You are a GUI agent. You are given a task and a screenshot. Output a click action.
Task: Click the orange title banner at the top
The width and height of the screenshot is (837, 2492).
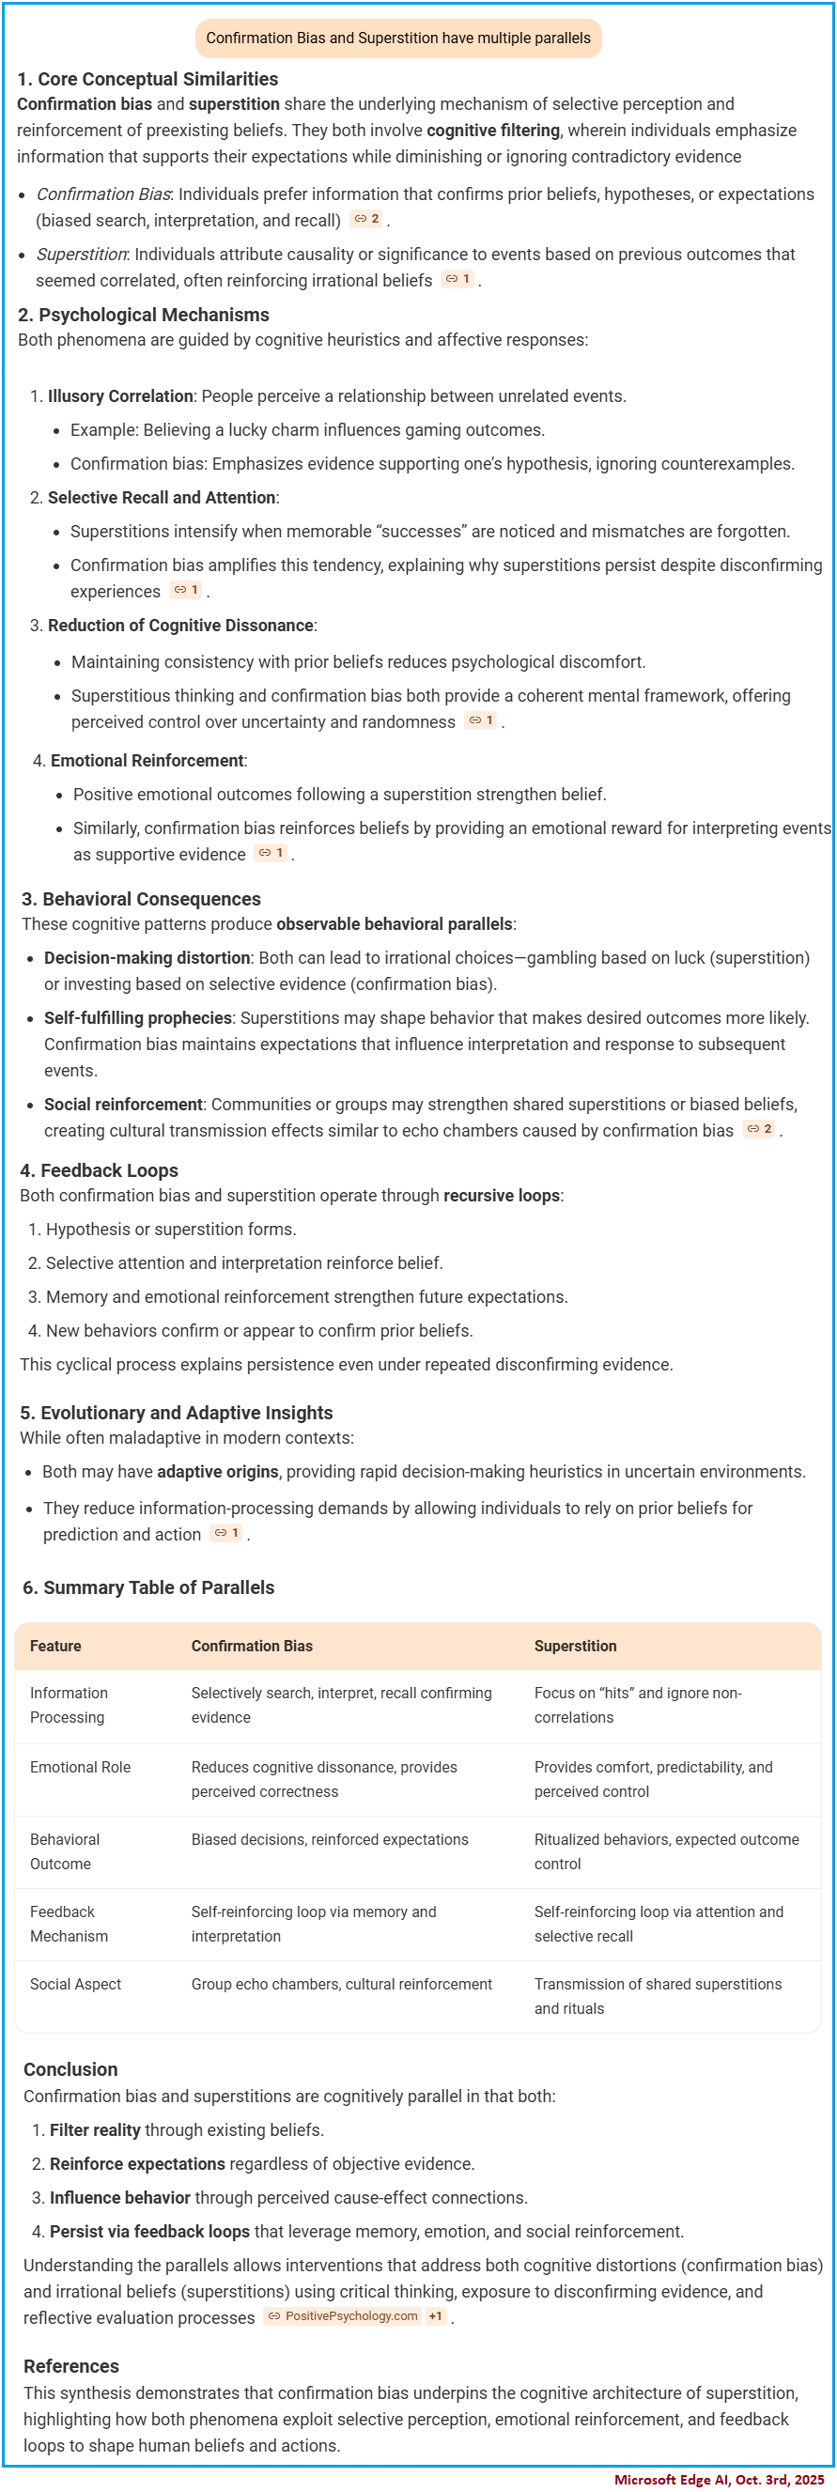(397, 39)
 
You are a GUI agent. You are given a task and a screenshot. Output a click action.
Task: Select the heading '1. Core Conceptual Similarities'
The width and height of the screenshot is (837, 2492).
(147, 79)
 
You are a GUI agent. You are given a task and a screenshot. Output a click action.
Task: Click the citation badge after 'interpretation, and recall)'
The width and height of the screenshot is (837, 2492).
(366, 220)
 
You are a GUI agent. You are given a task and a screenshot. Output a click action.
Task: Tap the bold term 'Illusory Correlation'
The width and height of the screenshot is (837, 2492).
(120, 396)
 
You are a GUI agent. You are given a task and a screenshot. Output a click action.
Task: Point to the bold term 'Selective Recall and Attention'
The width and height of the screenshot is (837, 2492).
(162, 498)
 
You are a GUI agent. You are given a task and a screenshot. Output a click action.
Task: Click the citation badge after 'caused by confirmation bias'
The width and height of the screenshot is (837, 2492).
(760, 1130)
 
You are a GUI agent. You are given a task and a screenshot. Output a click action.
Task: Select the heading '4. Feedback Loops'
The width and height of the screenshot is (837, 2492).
(99, 1171)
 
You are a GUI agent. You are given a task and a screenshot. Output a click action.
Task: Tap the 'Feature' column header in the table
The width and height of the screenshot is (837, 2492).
(55, 1647)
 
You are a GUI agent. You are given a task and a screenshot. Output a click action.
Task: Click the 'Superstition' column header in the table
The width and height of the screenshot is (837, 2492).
(575, 1647)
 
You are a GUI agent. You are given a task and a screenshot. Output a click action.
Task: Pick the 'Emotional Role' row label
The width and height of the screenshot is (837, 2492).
(79, 1768)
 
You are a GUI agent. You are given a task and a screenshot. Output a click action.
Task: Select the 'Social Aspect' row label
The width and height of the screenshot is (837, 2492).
(75, 1984)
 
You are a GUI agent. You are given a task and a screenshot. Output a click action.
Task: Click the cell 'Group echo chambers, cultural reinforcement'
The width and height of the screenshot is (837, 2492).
(341, 1984)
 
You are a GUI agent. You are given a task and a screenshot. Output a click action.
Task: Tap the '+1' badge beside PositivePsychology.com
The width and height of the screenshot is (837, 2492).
(436, 2317)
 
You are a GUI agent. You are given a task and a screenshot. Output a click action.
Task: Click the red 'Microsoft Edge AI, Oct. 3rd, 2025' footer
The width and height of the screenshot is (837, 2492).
(719, 2481)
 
